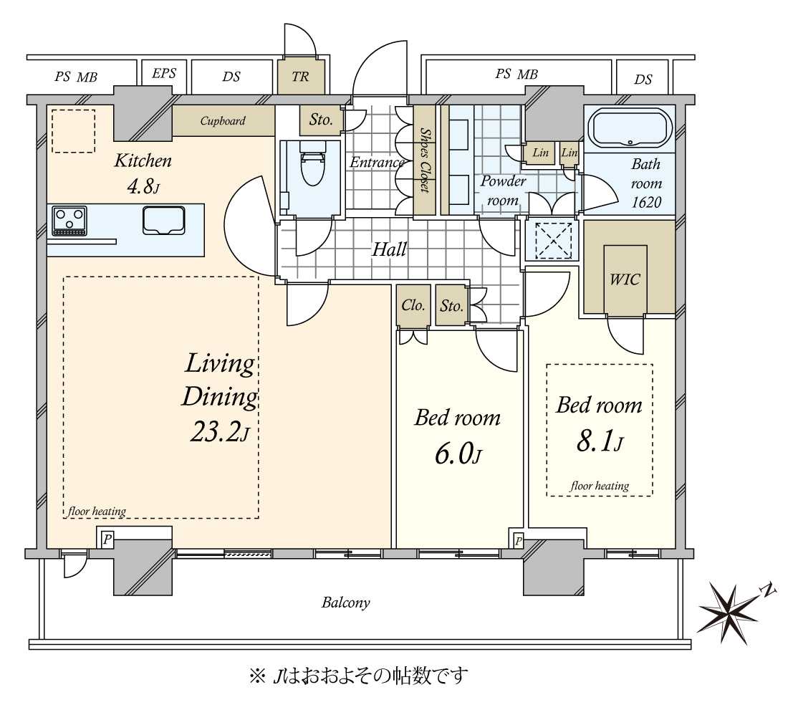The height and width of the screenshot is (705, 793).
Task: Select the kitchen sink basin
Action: pyautogui.click(x=163, y=221)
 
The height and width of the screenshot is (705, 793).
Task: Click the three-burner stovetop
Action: pyautogui.click(x=69, y=221)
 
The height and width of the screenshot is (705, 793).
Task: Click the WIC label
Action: pyautogui.click(x=625, y=279)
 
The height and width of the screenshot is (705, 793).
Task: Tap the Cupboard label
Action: pyautogui.click(x=223, y=121)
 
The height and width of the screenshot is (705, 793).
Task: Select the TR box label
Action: pyautogui.click(x=300, y=77)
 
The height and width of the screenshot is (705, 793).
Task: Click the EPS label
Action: pyautogui.click(x=164, y=73)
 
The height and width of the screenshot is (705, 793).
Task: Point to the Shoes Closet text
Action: pyautogui.click(x=425, y=160)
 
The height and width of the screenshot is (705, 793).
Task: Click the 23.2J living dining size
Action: pyautogui.click(x=219, y=433)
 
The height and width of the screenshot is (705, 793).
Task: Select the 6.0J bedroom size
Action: pyautogui.click(x=458, y=454)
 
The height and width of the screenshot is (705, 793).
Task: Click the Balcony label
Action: pyautogui.click(x=346, y=603)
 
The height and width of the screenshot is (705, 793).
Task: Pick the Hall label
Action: pyautogui.click(x=390, y=249)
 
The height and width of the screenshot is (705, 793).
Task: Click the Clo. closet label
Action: pyautogui.click(x=413, y=305)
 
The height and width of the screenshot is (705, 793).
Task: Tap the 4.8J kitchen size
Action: pyautogui.click(x=143, y=188)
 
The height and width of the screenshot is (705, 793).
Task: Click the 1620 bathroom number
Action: pyautogui.click(x=646, y=203)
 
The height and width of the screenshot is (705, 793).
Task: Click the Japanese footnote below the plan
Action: pyautogui.click(x=358, y=676)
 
